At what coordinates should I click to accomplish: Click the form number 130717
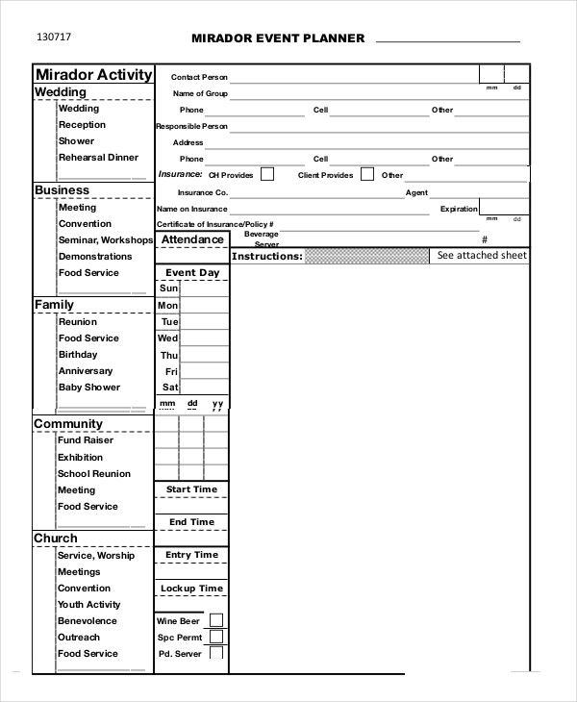pos(54,38)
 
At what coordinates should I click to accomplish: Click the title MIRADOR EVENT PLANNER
pos(279,38)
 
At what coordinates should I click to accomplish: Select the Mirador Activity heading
pos(93,75)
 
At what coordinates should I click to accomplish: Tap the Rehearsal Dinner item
pos(98,158)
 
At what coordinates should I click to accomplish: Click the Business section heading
pos(62,190)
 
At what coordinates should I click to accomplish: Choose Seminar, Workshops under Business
pos(105,240)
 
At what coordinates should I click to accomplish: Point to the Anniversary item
pos(86,371)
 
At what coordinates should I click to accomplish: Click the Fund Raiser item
pos(86,440)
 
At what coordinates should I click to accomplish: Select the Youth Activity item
pos(88,605)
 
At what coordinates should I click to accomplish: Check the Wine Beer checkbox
pos(216,620)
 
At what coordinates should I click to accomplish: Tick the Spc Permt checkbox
pos(216,637)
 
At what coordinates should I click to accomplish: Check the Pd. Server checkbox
pos(216,653)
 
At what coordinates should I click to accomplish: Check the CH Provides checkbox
pos(267,174)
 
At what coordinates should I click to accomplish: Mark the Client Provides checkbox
pos(367,174)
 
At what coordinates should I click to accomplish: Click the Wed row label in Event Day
pos(167,338)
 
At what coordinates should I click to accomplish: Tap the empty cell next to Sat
pos(204,388)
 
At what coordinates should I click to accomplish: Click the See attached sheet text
pos(482,256)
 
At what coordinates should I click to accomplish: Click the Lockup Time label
pos(191,589)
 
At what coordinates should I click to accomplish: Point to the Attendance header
pos(192,239)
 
